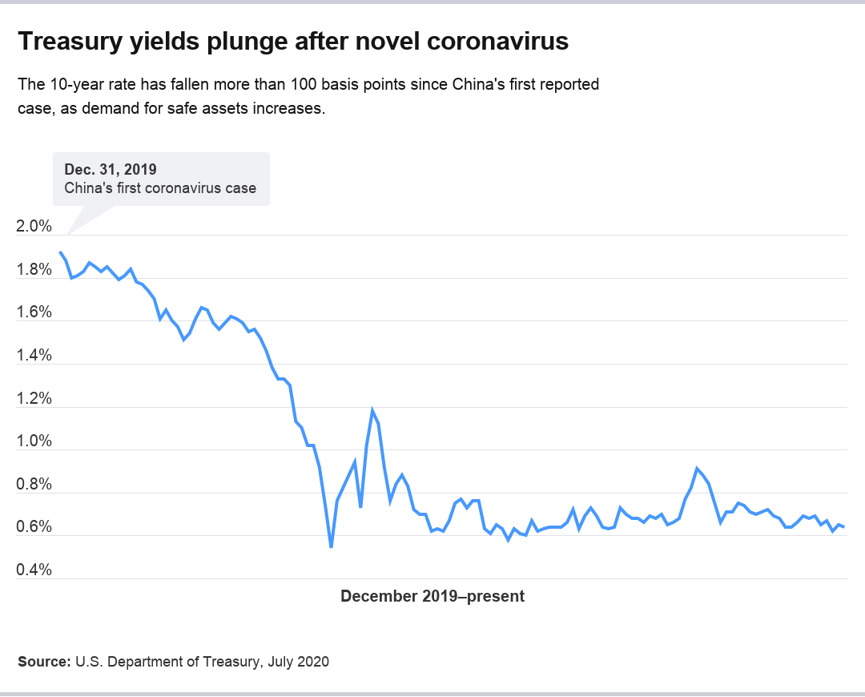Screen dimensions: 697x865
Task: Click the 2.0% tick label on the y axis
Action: (x=34, y=227)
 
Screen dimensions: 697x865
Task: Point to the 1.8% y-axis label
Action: (x=34, y=270)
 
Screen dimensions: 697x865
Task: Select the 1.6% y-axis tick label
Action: (x=34, y=312)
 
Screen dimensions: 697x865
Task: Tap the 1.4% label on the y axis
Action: (x=34, y=356)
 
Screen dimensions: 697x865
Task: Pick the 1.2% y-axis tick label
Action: (x=34, y=399)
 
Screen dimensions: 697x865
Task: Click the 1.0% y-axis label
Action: (x=34, y=441)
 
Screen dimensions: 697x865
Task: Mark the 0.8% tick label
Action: (x=34, y=485)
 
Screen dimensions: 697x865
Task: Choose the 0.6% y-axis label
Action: (x=34, y=527)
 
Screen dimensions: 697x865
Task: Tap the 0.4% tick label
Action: (x=34, y=570)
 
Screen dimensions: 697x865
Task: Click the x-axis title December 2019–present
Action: (x=432, y=596)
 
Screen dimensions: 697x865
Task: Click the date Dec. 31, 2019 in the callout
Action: (x=111, y=169)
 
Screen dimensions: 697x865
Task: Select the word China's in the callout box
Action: (x=86, y=189)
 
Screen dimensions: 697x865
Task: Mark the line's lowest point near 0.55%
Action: (x=331, y=547)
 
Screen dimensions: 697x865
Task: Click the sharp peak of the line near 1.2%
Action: (x=372, y=411)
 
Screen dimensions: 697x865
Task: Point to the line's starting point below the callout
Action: (x=60, y=252)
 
